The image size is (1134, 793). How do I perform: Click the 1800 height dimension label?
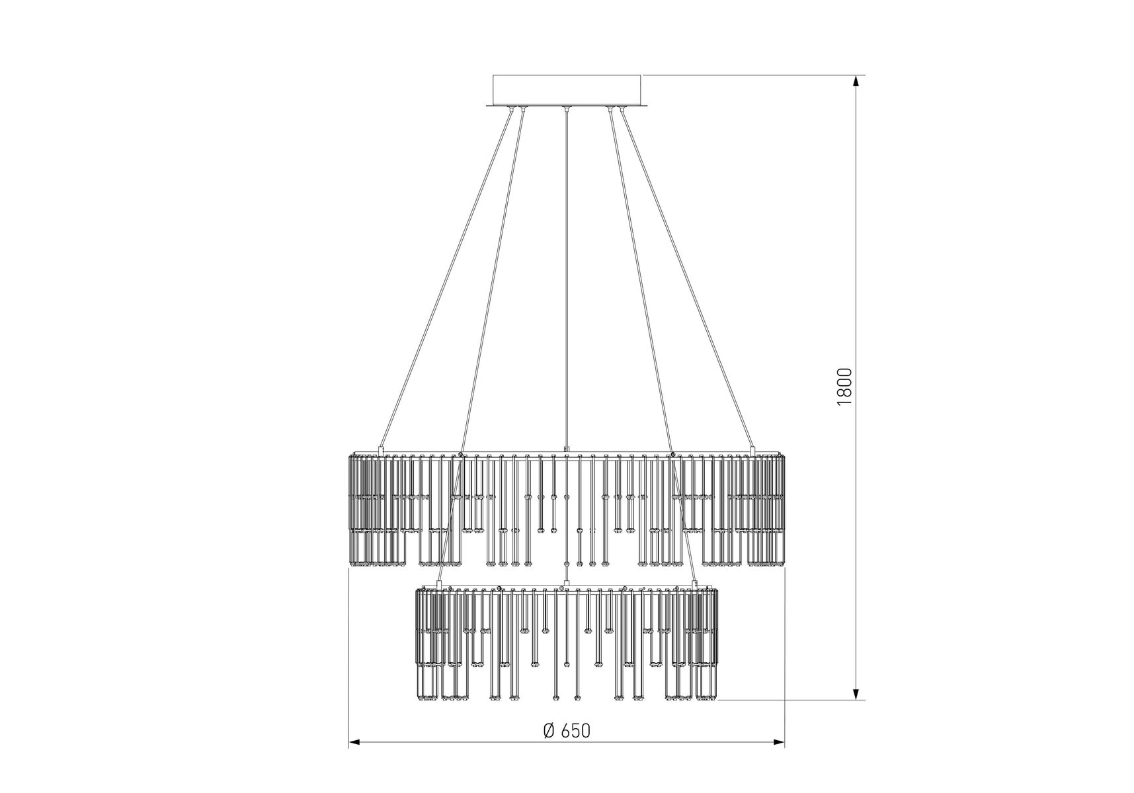(x=845, y=387)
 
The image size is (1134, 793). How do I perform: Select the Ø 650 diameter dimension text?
(x=567, y=730)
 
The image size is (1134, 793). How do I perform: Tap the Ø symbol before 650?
(x=549, y=730)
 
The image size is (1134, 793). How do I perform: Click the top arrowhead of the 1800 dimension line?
(x=856, y=81)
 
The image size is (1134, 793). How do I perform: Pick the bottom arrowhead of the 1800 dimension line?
(x=856, y=693)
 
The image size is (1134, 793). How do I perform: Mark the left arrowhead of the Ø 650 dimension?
(x=356, y=743)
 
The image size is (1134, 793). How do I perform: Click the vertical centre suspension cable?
(x=566, y=278)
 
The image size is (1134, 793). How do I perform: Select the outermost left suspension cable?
(x=446, y=278)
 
